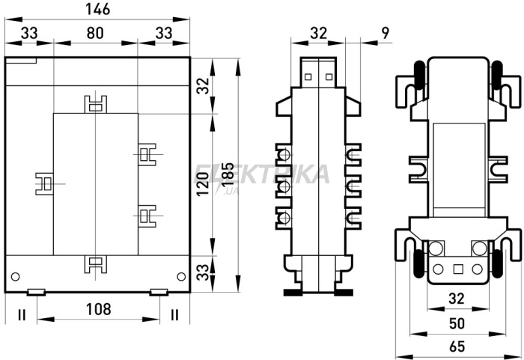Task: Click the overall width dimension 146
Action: (x=97, y=9)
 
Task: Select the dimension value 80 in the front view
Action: (x=95, y=33)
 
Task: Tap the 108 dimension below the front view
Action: (x=98, y=309)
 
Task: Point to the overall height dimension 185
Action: (x=228, y=174)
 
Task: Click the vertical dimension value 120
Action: (x=203, y=184)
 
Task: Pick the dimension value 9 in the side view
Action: (x=386, y=33)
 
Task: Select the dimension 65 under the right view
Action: (x=457, y=347)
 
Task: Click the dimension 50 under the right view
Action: (x=457, y=323)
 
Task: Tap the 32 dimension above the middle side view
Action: (x=318, y=33)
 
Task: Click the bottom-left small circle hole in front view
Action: (x=16, y=276)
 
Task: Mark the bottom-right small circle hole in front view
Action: (x=181, y=276)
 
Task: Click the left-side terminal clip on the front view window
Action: (x=44, y=184)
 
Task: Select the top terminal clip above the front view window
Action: (x=96, y=104)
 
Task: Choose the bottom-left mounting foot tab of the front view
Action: (x=37, y=292)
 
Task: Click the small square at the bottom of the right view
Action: (x=458, y=269)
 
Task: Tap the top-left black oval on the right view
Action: (x=419, y=75)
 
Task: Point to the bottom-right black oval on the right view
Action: (x=497, y=263)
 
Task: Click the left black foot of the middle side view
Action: (x=293, y=293)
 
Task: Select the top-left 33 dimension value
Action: (x=29, y=33)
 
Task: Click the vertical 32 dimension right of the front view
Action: (x=203, y=86)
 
